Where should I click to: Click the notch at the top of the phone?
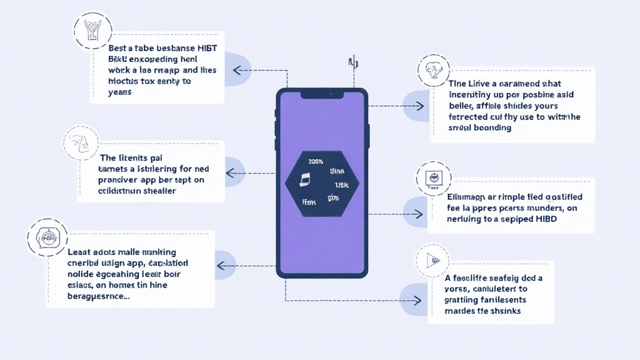[x=322, y=94]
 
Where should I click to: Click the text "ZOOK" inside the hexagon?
[x=316, y=161]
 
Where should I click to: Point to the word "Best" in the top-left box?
[x=117, y=47]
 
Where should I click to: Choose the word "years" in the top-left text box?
[x=120, y=92]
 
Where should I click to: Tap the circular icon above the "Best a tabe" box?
[x=93, y=30]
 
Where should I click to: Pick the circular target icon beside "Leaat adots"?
[x=47, y=238]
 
